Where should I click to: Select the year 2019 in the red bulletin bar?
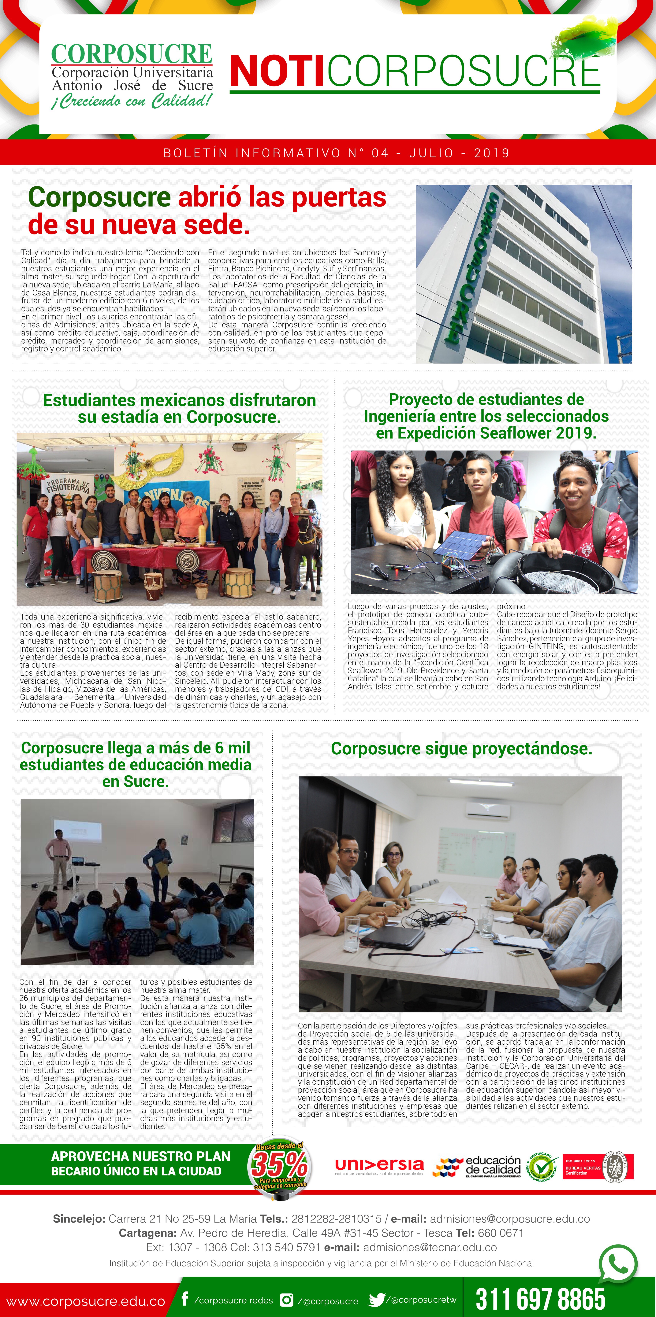(x=492, y=153)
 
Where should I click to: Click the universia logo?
(x=379, y=1166)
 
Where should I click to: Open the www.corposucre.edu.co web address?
(x=85, y=1301)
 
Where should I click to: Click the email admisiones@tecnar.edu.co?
(x=430, y=1247)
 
